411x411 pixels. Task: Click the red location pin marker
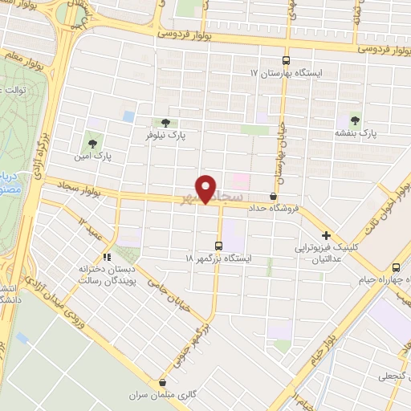pos(205,189)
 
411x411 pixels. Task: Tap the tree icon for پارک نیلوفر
pos(165,123)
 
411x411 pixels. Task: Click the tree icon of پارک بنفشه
pos(354,120)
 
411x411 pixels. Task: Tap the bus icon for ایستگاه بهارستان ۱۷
pos(286,60)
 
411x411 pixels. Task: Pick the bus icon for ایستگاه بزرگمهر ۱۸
pos(218,246)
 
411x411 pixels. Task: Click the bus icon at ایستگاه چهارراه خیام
pos(397,267)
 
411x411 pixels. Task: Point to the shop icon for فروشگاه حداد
pos(274,196)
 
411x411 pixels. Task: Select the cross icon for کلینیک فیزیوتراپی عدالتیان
pos(326,235)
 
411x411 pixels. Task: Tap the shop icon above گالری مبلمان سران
pos(163,385)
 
